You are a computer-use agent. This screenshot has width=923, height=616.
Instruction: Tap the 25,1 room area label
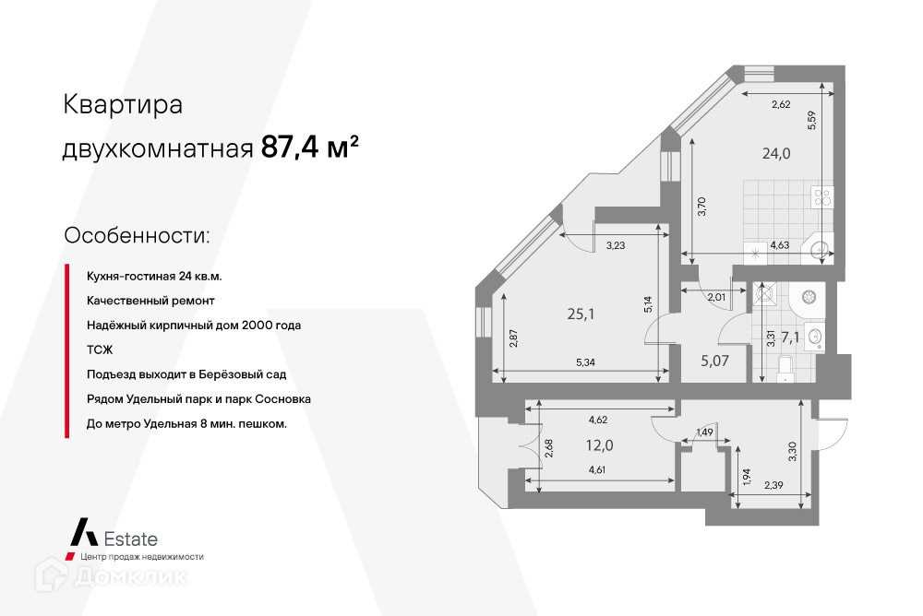point(580,314)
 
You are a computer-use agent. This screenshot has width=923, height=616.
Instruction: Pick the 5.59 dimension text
point(811,123)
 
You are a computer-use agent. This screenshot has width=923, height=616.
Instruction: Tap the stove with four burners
point(821,196)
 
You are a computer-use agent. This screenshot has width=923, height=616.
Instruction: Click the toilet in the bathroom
point(785,366)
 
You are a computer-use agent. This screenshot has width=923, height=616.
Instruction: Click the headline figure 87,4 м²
point(310,148)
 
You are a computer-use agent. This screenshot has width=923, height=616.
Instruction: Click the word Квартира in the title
point(122,105)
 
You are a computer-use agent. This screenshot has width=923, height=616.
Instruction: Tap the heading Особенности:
point(137,234)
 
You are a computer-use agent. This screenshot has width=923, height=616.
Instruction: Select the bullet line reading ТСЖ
point(100,350)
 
